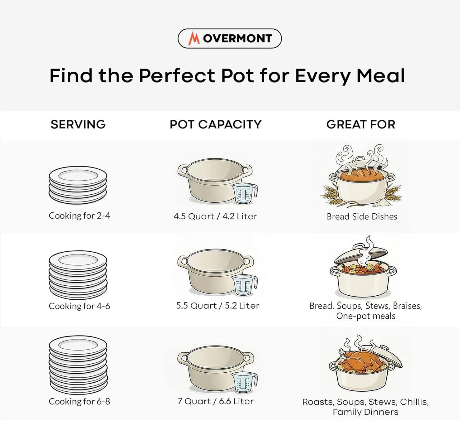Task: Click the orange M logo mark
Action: point(194,38)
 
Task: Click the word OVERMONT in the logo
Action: point(237,38)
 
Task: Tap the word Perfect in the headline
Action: point(177,76)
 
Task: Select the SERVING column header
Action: point(78,124)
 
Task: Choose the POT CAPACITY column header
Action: point(216,124)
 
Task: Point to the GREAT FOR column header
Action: point(361,124)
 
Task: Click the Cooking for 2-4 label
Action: point(80,216)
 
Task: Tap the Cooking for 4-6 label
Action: point(80,306)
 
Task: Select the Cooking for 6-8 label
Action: point(80,402)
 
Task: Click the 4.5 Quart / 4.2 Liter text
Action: point(216,216)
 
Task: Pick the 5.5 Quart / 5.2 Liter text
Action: point(218,306)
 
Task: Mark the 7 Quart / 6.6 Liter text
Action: point(216,401)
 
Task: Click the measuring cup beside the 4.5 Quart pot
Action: point(244,194)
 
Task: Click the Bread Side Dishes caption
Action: point(362,216)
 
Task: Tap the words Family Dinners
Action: point(365,412)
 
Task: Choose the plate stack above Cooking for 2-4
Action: point(78,185)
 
